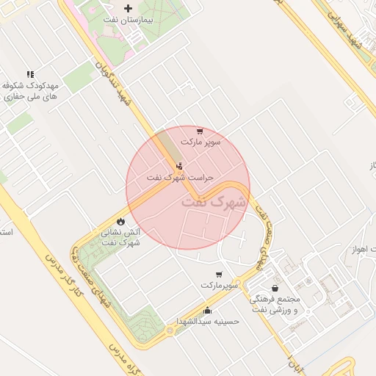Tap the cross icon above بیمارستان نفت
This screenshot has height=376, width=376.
(128, 8)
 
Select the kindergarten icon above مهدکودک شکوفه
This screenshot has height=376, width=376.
(30, 74)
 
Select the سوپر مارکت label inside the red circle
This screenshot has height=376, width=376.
(200, 142)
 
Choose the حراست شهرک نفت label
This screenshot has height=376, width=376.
(180, 178)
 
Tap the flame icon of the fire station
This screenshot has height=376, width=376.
(120, 220)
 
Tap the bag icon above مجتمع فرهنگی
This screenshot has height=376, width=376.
(275, 289)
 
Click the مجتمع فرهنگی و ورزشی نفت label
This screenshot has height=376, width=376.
(275, 305)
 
